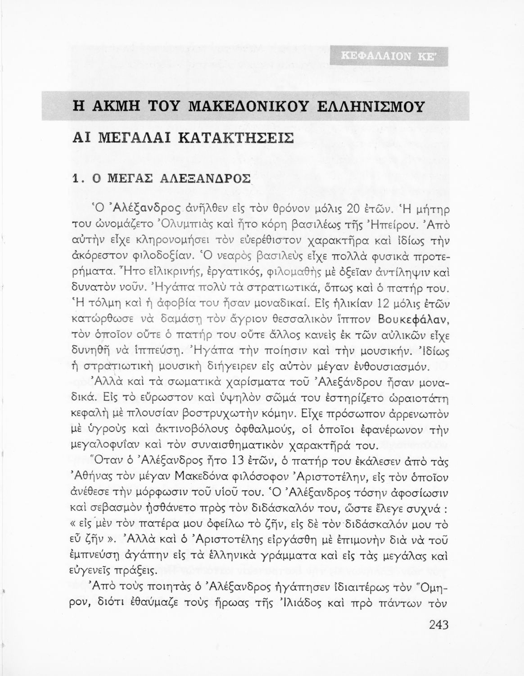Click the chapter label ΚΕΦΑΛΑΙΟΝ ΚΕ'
pos(389,56)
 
